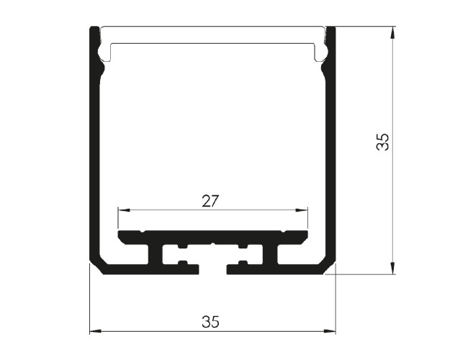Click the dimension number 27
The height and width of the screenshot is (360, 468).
pyautogui.click(x=210, y=201)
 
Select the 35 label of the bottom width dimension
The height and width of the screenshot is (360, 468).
pyautogui.click(x=210, y=322)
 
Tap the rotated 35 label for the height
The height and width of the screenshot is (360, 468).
pyautogui.click(x=383, y=142)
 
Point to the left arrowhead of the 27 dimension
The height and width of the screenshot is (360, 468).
pyautogui.click(x=124, y=210)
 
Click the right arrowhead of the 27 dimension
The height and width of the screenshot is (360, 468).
pyautogui.click(x=302, y=210)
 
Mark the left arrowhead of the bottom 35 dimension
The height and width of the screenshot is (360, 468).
pyautogui.click(x=96, y=330)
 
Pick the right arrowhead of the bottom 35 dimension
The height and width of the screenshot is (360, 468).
pyautogui.click(x=330, y=330)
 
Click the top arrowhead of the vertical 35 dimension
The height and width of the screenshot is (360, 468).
pyautogui.click(x=393, y=32)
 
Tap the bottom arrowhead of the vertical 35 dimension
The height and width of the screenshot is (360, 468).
pyautogui.click(x=393, y=268)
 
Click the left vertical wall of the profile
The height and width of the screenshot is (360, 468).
pyautogui.click(x=94, y=149)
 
